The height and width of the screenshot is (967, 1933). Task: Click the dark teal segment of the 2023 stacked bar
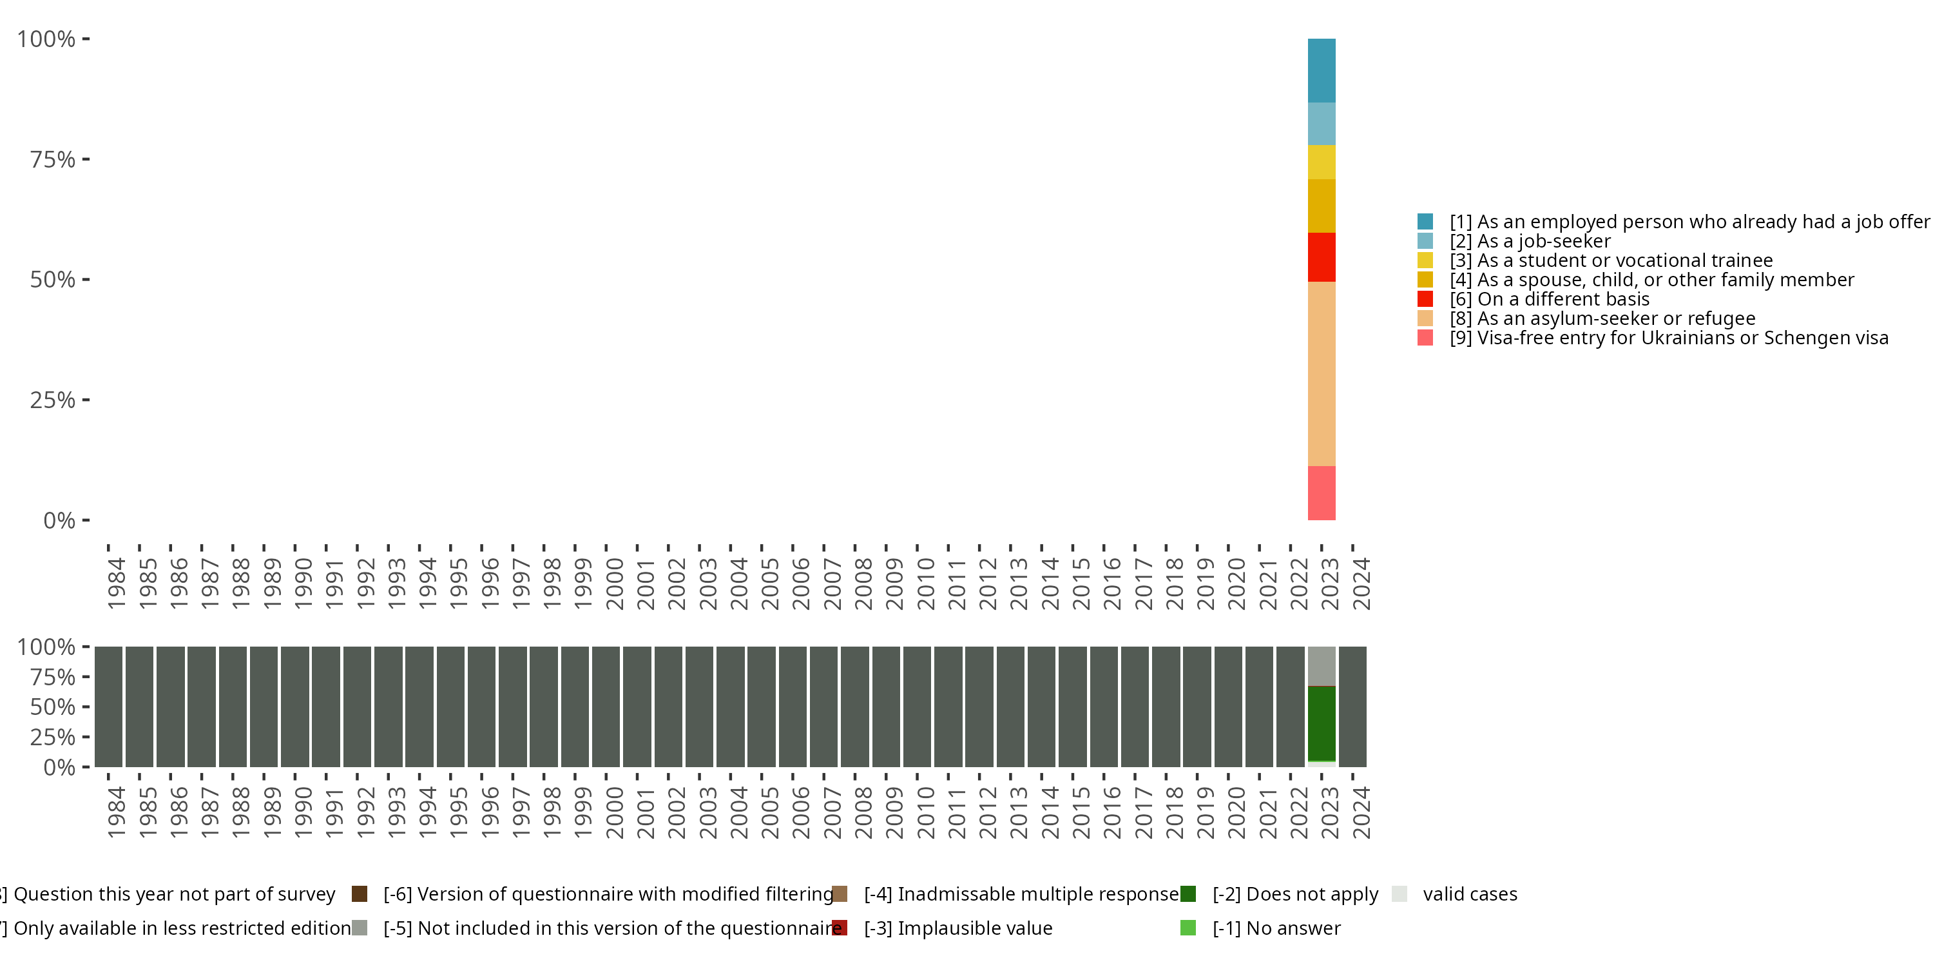[1322, 70]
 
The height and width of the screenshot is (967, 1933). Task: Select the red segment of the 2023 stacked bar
[1322, 257]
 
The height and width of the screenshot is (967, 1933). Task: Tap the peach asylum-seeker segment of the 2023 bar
[1322, 373]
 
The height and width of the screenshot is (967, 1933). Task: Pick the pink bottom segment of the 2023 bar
[1322, 493]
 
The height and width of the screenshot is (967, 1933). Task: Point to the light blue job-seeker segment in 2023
[1322, 124]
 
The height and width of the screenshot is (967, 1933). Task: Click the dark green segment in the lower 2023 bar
[1322, 724]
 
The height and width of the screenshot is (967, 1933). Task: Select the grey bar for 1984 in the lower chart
[109, 707]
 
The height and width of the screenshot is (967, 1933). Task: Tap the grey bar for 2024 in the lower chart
[1352, 707]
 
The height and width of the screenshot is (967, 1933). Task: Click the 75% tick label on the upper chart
[53, 159]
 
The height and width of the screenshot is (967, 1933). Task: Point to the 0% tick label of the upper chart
[59, 520]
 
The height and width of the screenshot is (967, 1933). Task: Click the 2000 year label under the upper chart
[615, 583]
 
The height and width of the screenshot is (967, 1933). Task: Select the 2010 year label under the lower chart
[925, 812]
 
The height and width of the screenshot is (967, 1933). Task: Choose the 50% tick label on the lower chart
[53, 707]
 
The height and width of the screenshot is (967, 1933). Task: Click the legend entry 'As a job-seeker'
[1544, 241]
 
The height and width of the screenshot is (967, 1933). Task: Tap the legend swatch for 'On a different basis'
[1425, 299]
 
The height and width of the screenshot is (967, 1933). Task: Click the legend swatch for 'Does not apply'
[1188, 894]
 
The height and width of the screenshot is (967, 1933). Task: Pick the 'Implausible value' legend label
[974, 928]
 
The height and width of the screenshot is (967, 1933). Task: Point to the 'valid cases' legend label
[1469, 894]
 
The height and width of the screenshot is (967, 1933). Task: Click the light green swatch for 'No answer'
[1188, 928]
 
